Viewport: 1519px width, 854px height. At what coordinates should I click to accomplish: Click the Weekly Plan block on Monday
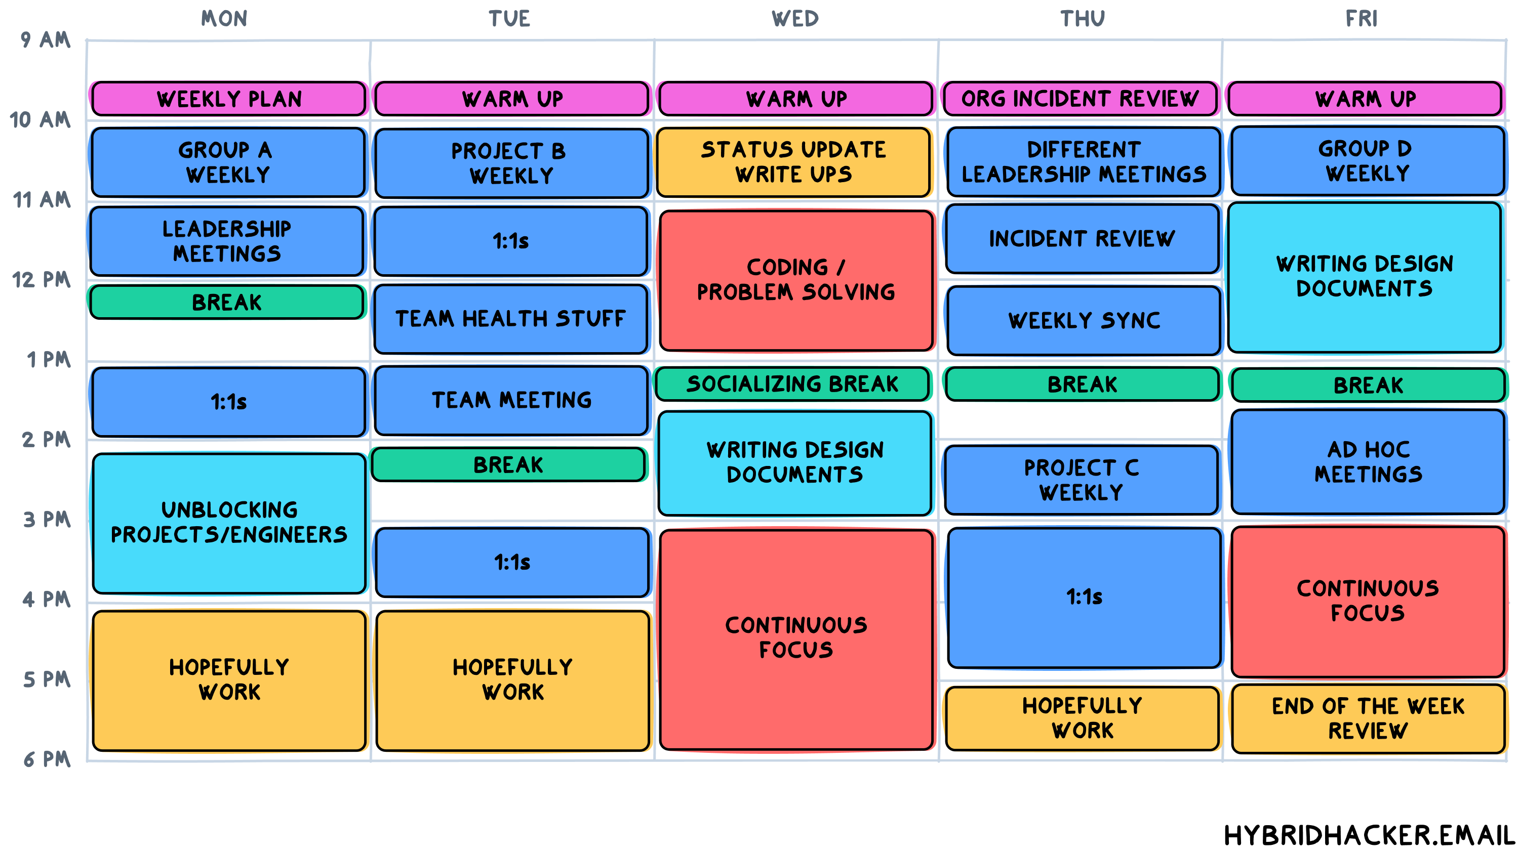pos(229,99)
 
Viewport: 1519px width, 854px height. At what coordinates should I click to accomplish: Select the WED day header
pos(795,19)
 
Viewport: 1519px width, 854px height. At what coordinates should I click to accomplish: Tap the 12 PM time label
pos(42,279)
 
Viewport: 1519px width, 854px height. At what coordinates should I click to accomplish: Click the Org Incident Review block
pos(1081,99)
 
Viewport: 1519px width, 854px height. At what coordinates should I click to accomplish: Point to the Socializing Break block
pos(792,383)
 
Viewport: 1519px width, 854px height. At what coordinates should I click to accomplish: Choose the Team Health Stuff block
pos(511,319)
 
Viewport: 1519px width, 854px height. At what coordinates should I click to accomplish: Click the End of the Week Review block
pos(1368,718)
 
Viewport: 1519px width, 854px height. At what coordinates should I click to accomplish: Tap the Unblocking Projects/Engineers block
pos(229,523)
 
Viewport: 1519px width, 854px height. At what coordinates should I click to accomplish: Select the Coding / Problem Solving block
pos(796,280)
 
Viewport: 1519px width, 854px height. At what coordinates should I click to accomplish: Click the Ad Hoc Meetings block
pos(1368,462)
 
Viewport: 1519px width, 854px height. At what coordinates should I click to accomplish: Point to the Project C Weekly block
pos(1082,480)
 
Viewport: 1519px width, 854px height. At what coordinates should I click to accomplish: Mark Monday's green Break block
pos(227,303)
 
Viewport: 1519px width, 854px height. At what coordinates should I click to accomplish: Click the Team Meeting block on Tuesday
pos(511,400)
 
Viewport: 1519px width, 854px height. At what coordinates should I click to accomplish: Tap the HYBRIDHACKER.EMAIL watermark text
pos(1368,835)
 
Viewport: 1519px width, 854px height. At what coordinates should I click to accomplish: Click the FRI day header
pos(1361,19)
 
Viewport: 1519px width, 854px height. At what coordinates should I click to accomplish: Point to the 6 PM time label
pos(47,759)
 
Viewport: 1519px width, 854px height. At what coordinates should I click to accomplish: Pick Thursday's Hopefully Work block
pos(1082,718)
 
